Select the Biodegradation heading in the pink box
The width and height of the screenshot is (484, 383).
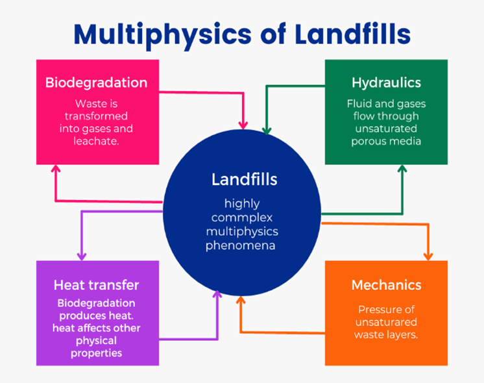(96, 83)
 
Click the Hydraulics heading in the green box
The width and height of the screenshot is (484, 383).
(386, 82)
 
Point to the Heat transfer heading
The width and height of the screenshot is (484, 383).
(96, 285)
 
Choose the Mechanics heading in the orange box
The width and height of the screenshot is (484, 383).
(386, 285)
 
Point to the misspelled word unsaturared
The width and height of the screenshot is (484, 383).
(386, 322)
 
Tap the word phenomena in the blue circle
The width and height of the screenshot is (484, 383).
(242, 245)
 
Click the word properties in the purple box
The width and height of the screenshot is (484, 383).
(96, 352)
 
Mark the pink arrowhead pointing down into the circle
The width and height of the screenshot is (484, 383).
(244, 123)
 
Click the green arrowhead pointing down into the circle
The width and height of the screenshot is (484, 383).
(266, 129)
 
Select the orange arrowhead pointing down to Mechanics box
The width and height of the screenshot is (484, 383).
(428, 254)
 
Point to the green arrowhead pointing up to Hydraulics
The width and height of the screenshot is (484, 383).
(402, 171)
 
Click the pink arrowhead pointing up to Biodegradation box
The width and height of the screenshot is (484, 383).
(56, 170)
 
